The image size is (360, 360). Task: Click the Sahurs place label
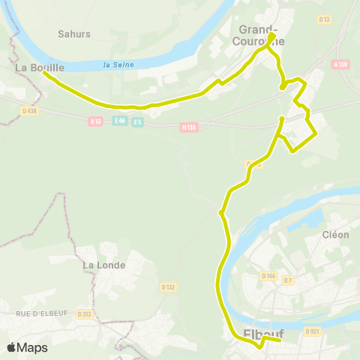73,34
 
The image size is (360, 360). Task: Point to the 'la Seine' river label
118,64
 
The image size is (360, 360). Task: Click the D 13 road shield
324,19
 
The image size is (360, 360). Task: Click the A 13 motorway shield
95,121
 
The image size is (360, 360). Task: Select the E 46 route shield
119,121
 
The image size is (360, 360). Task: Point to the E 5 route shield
137,122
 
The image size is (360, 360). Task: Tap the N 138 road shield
189,127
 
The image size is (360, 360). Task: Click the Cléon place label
335,234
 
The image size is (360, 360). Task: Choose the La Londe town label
104,265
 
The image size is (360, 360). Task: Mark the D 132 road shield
167,286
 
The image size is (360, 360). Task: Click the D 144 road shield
268,276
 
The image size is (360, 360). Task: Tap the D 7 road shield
288,280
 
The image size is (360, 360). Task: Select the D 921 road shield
312,331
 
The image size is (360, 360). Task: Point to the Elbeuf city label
261,334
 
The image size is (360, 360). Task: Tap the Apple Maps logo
27,347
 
